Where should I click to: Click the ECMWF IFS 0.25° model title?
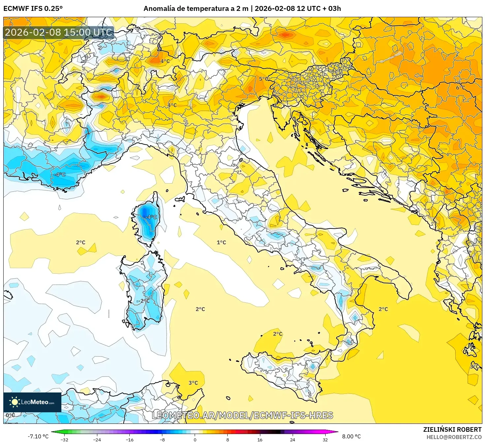click(x=33, y=9)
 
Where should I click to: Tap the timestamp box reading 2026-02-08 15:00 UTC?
click(x=59, y=32)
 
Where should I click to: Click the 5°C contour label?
click(x=263, y=79)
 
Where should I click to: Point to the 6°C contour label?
click(x=460, y=88)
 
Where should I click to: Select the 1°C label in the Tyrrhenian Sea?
click(x=221, y=243)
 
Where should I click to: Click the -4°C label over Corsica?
click(x=151, y=217)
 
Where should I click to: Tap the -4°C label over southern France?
click(x=60, y=175)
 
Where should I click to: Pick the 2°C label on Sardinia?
click(x=145, y=301)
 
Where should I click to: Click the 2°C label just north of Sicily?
click(x=278, y=334)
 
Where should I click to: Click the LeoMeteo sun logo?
click(x=15, y=402)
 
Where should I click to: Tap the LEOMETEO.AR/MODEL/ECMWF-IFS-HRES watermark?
click(x=242, y=415)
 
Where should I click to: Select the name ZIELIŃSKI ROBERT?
click(x=452, y=429)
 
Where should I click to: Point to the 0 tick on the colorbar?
click(x=195, y=439)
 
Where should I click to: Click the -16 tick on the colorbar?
click(x=130, y=439)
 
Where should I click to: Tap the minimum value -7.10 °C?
click(x=38, y=436)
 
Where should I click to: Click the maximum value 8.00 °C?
click(x=351, y=436)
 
